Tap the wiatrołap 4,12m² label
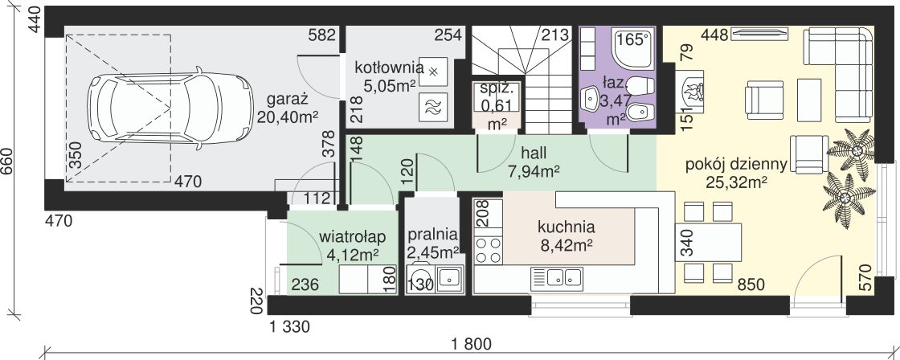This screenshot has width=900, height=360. click(x=353, y=246)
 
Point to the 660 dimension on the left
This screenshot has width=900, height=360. click(x=10, y=164)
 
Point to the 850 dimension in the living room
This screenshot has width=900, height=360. click(x=751, y=284)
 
